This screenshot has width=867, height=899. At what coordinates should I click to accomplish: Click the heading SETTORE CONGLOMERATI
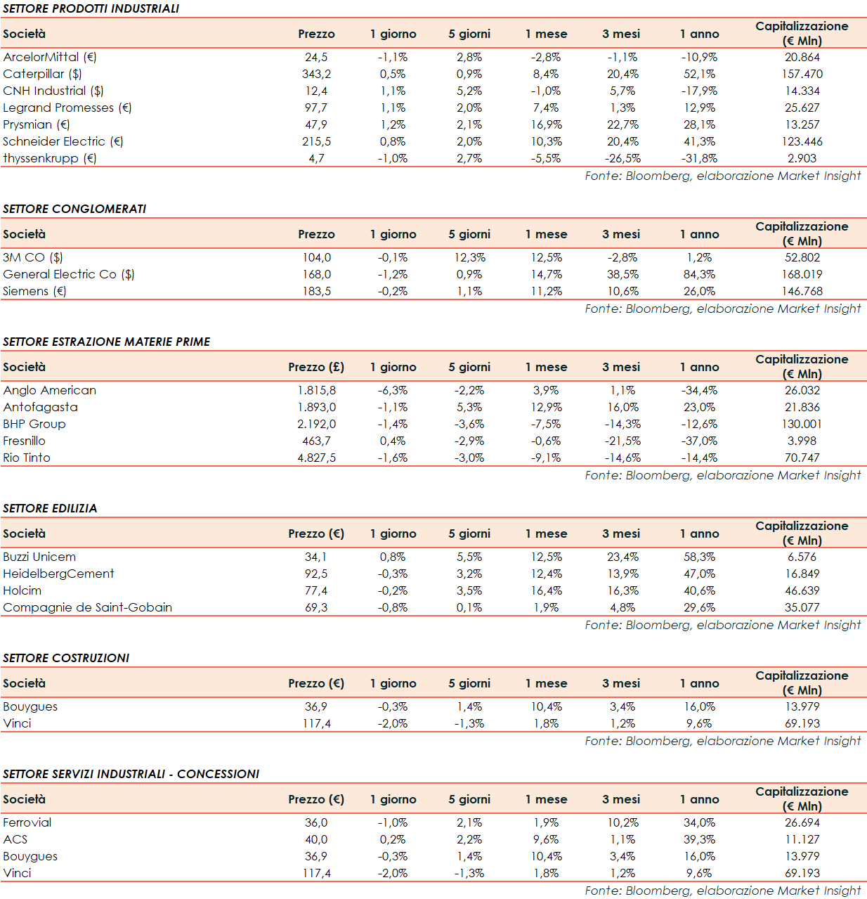(x=74, y=209)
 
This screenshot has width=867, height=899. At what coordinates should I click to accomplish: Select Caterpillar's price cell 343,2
(x=316, y=74)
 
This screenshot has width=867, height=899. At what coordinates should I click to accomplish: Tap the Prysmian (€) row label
(x=37, y=124)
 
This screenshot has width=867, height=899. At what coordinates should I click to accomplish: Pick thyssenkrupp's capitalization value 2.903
(x=802, y=158)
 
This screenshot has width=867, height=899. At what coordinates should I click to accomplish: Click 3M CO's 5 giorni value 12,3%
(x=469, y=257)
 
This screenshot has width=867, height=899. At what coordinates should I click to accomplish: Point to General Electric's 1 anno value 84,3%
(x=699, y=274)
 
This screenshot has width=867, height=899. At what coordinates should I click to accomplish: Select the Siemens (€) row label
(x=34, y=291)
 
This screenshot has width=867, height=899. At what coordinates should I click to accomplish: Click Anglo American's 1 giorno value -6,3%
(x=393, y=390)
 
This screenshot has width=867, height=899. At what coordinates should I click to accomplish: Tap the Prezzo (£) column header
(x=316, y=367)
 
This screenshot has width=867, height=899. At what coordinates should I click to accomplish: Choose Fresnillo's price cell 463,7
(x=316, y=441)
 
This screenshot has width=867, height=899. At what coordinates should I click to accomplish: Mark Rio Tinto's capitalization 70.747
(x=802, y=458)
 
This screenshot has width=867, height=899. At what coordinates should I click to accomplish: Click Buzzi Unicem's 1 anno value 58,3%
(x=699, y=557)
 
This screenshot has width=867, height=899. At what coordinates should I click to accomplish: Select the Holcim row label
(x=22, y=590)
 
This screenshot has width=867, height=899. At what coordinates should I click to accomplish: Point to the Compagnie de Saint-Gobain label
(x=88, y=607)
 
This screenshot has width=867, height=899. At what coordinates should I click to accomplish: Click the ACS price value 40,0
(x=316, y=839)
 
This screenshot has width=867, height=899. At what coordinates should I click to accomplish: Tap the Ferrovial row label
(x=27, y=822)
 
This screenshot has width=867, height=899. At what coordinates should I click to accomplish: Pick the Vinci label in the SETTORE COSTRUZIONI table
(x=18, y=723)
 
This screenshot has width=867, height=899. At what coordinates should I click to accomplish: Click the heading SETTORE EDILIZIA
(x=50, y=508)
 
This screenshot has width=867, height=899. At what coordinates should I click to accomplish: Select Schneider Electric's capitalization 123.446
(x=802, y=141)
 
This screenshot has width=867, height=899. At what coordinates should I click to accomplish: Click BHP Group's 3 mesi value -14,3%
(x=622, y=424)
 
